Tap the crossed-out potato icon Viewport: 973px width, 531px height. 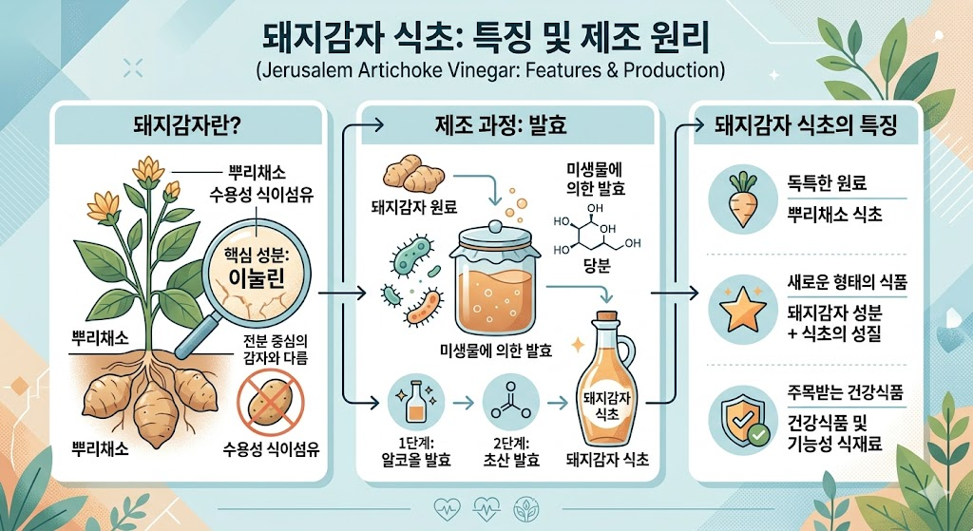click(x=271, y=402)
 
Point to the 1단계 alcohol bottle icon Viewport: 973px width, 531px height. click(x=414, y=402)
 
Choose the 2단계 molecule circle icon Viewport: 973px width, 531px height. click(x=510, y=402)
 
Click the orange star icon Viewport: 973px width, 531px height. click(x=742, y=309)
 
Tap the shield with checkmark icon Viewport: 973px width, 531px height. click(x=743, y=420)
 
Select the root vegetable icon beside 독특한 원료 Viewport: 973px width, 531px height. click(x=742, y=199)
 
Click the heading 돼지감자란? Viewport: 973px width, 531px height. click(x=187, y=126)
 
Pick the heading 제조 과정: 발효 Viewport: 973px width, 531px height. click(x=501, y=126)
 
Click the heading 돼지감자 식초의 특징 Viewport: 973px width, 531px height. click(x=806, y=126)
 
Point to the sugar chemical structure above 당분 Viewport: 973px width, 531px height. click(x=596, y=230)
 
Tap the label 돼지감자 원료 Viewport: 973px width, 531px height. click(x=414, y=206)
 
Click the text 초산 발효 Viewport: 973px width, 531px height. click(x=510, y=460)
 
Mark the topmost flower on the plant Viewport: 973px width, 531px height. click(x=148, y=170)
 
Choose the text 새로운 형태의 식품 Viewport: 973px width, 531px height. click(x=847, y=283)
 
